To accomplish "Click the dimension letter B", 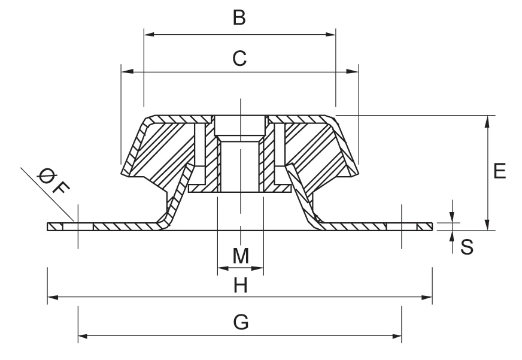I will pyautogui.click(x=239, y=19).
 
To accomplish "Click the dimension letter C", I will pyautogui.click(x=239, y=58).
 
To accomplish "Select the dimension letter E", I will pyautogui.click(x=500, y=171).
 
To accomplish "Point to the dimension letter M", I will pyautogui.click(x=241, y=256).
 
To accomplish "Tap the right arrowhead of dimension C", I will pyautogui.click(x=354, y=71).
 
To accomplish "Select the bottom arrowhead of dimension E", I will pyautogui.click(x=488, y=226).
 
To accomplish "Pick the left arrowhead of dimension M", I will pyautogui.click(x=221, y=267).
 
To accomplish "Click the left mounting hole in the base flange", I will pyautogui.click(x=78, y=226).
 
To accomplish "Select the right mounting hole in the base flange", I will pyautogui.click(x=402, y=226).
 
